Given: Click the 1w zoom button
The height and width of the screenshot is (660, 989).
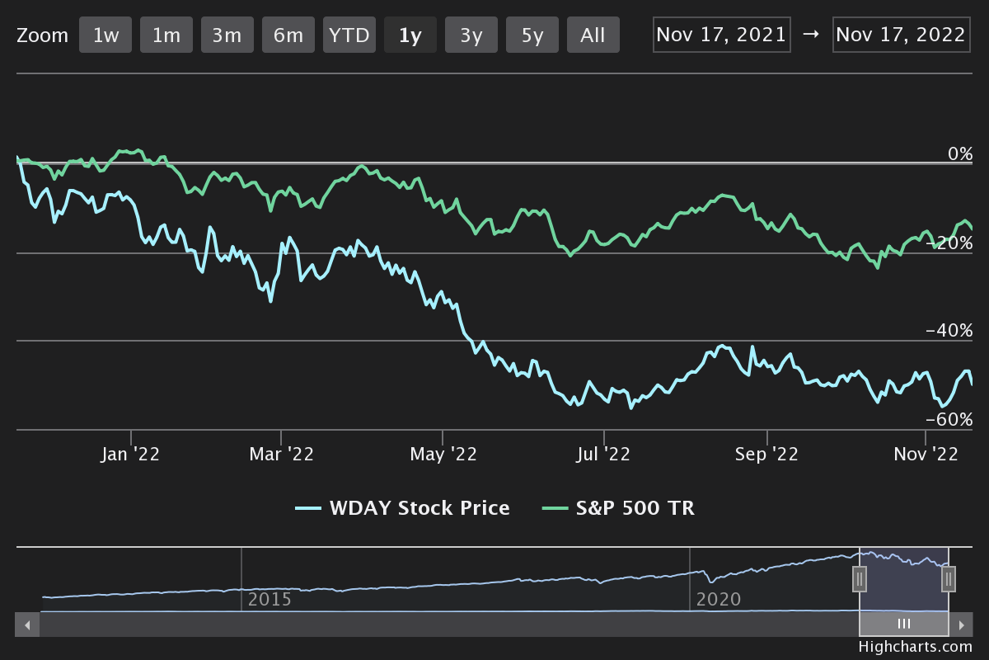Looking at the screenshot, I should pos(105,35).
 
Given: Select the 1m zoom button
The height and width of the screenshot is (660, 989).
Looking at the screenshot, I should pos(166,35).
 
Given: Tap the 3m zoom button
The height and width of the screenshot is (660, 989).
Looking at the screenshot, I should pos(227,35).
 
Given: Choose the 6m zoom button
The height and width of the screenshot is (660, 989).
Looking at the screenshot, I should pos(288,35).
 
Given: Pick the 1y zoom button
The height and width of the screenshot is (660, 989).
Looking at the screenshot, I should pos(410,35).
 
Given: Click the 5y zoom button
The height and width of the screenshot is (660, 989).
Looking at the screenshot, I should pos(532,35).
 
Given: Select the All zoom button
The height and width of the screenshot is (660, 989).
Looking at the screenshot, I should pos(593,35).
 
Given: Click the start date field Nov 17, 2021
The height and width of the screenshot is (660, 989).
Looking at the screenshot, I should pos(722,35).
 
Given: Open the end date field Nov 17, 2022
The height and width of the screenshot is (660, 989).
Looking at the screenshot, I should pos(900,35).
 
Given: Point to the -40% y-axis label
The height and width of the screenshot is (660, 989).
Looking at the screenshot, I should pos(949,330).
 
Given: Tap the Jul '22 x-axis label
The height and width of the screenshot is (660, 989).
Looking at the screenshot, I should pos(604,455).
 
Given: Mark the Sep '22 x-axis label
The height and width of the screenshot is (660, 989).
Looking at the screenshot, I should pos(767,455).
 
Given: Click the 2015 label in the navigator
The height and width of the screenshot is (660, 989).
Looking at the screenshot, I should pos(270,599).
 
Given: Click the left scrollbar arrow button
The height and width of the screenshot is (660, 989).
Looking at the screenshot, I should pos(27,625).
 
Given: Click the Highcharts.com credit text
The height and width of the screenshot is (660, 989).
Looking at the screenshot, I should pos(915,648).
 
